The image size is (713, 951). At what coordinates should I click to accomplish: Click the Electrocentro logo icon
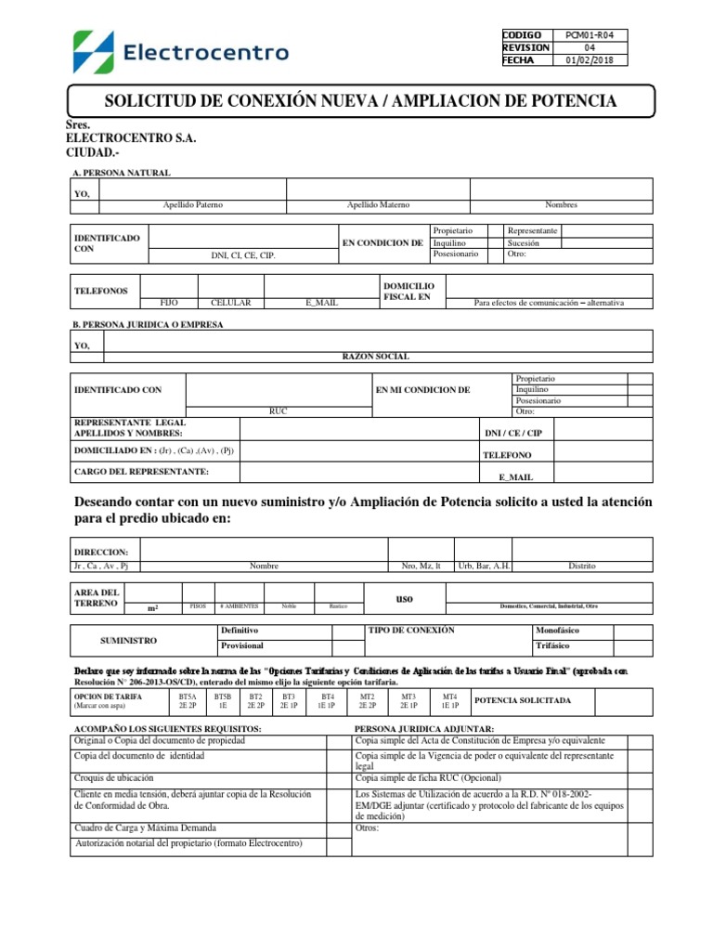tap(94, 51)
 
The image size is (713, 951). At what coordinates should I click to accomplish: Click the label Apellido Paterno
tap(193, 204)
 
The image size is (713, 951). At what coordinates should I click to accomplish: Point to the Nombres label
tap(561, 204)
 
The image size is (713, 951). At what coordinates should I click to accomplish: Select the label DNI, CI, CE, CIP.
tap(243, 254)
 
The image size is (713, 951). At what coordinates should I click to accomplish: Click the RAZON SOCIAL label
tap(376, 357)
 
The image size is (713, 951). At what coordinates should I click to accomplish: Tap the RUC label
tap(279, 410)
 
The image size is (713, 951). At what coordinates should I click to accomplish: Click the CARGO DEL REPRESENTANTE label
tap(141, 472)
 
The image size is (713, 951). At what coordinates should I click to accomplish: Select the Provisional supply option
tap(241, 645)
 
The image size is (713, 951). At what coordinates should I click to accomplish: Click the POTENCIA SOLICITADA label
tap(523, 700)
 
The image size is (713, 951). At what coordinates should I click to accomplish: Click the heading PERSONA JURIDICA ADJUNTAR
tap(424, 729)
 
